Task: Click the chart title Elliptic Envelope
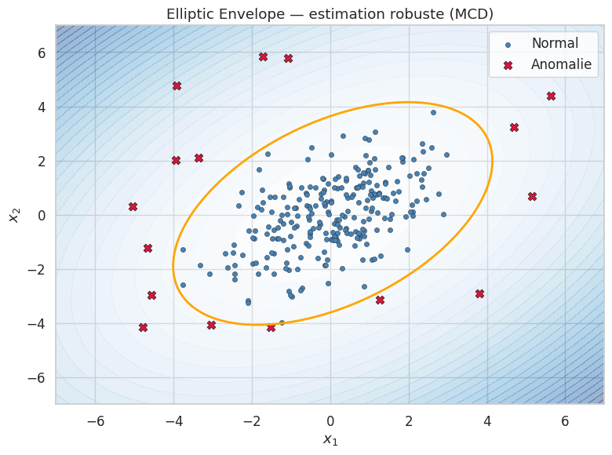[x=330, y=14]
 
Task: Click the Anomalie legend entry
[x=561, y=64]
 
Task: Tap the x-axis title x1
[x=330, y=439]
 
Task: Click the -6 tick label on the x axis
[x=95, y=420]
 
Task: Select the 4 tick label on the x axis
[x=486, y=420]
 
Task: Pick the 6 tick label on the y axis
[x=40, y=53]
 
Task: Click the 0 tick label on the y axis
[x=40, y=215]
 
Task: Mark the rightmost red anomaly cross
[x=551, y=96]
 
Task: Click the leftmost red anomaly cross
[x=133, y=206]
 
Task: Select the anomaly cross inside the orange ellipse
[x=380, y=300]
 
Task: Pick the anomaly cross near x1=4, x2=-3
[x=479, y=293]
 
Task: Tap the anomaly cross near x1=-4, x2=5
[x=177, y=86]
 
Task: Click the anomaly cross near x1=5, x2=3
[x=514, y=127]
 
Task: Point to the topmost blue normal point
[x=433, y=112]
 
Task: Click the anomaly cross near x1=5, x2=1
[x=532, y=196]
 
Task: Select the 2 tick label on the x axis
[x=408, y=420]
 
